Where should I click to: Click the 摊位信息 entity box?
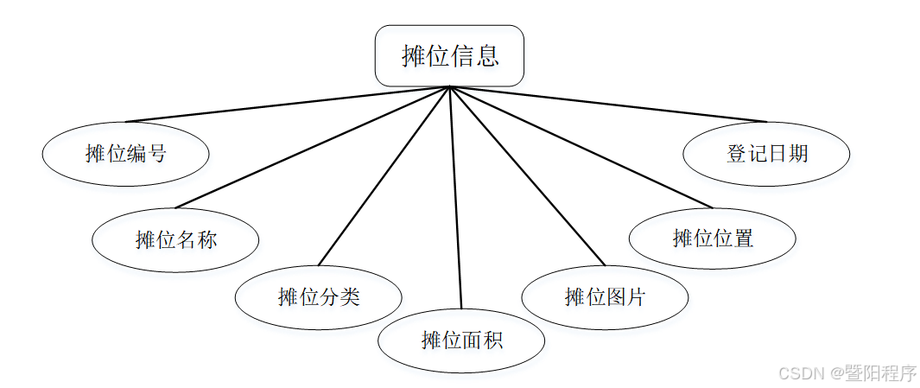tap(449, 56)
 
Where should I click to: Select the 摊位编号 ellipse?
tap(125, 154)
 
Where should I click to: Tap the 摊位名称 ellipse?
tap(175, 239)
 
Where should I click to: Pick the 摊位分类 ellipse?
tap(318, 297)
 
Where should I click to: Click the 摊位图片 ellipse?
tap(605, 297)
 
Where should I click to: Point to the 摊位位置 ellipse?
tap(713, 238)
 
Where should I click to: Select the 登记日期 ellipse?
tap(766, 154)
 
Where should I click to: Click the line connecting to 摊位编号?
tap(285, 105)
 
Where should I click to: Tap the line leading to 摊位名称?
tap(311, 148)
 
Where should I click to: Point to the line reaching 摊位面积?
tap(455, 199)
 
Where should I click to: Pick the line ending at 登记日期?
tap(609, 105)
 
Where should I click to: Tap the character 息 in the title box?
tap(487, 56)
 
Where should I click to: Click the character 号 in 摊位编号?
tap(156, 154)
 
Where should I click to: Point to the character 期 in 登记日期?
tap(797, 154)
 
